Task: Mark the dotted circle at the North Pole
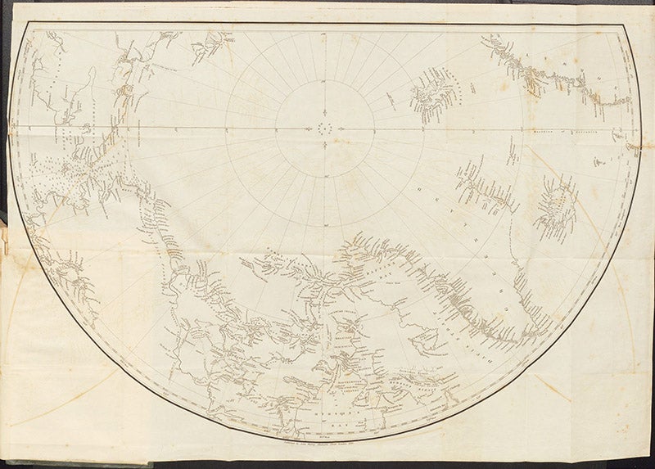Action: pos(327,128)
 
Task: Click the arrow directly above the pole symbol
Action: pos(327,119)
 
